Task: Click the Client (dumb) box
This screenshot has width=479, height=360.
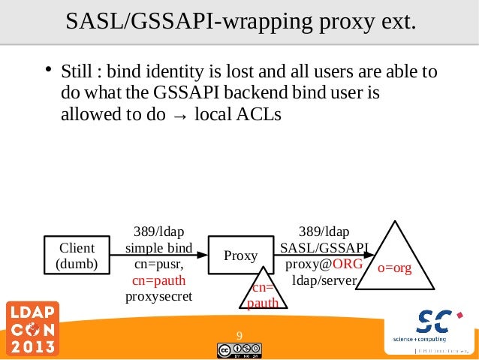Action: pyautogui.click(x=77, y=256)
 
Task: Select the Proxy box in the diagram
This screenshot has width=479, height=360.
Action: pyautogui.click(x=240, y=256)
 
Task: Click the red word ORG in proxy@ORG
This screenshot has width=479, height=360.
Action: pyautogui.click(x=348, y=265)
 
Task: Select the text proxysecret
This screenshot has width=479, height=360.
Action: pyautogui.click(x=158, y=296)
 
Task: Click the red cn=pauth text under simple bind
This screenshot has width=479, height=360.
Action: pyautogui.click(x=158, y=280)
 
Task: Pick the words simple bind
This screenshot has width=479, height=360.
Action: pyautogui.click(x=158, y=248)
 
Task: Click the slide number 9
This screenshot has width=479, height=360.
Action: pyautogui.click(x=239, y=335)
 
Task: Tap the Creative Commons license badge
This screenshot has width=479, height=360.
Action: pyautogui.click(x=239, y=349)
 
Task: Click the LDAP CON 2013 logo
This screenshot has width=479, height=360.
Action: pyautogui.click(x=32, y=329)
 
